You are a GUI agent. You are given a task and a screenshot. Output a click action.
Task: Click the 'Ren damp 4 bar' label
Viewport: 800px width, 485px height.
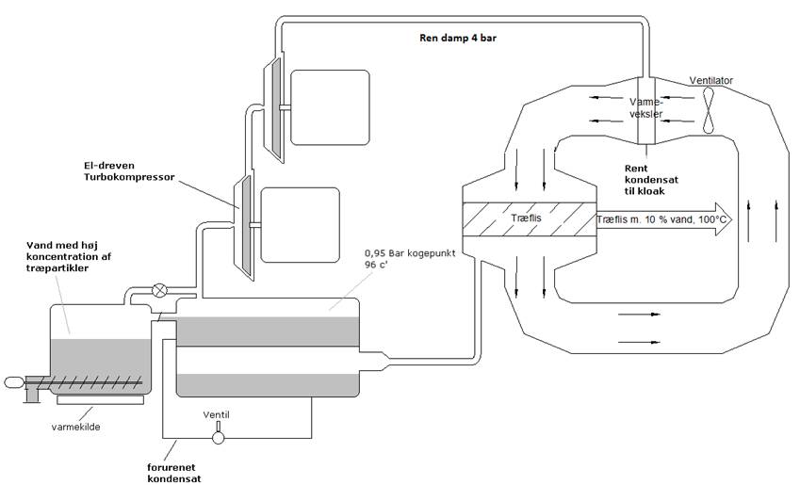click(x=458, y=38)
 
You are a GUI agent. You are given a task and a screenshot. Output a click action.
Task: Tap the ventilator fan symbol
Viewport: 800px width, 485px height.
click(x=709, y=110)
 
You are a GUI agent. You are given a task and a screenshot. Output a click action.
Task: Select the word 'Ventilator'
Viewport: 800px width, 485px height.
click(x=710, y=81)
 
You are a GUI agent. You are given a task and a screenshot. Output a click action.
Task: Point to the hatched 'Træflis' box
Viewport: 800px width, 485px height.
click(x=529, y=219)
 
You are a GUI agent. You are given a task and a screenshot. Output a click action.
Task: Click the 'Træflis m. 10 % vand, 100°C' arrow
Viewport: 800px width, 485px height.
click(x=664, y=219)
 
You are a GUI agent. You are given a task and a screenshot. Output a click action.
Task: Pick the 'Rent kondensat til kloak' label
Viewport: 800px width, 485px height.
click(x=651, y=180)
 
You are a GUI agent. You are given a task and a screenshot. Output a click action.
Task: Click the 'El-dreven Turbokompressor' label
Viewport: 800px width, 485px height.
click(x=129, y=171)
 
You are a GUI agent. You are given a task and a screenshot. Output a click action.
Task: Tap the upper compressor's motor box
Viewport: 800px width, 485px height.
click(x=330, y=107)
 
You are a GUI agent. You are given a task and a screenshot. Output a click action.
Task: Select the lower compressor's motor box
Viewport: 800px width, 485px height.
click(x=300, y=225)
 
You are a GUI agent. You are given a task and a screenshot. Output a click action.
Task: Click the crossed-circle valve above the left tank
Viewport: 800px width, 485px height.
click(x=160, y=291)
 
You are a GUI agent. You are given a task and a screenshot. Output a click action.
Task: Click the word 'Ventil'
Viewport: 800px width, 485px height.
click(x=217, y=414)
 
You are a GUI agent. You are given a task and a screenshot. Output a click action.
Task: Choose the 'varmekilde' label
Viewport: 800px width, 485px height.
click(x=75, y=427)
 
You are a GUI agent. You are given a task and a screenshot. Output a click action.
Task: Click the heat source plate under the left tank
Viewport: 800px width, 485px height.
click(x=101, y=400)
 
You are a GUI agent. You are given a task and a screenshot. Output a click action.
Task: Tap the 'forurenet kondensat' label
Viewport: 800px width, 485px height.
click(x=174, y=473)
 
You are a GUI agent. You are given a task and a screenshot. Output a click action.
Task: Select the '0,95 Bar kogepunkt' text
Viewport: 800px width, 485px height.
click(x=410, y=253)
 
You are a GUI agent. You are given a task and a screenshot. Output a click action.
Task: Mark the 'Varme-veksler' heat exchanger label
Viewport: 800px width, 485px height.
click(x=645, y=107)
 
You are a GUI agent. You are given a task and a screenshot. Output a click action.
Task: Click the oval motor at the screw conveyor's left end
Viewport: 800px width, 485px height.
click(x=13, y=382)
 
